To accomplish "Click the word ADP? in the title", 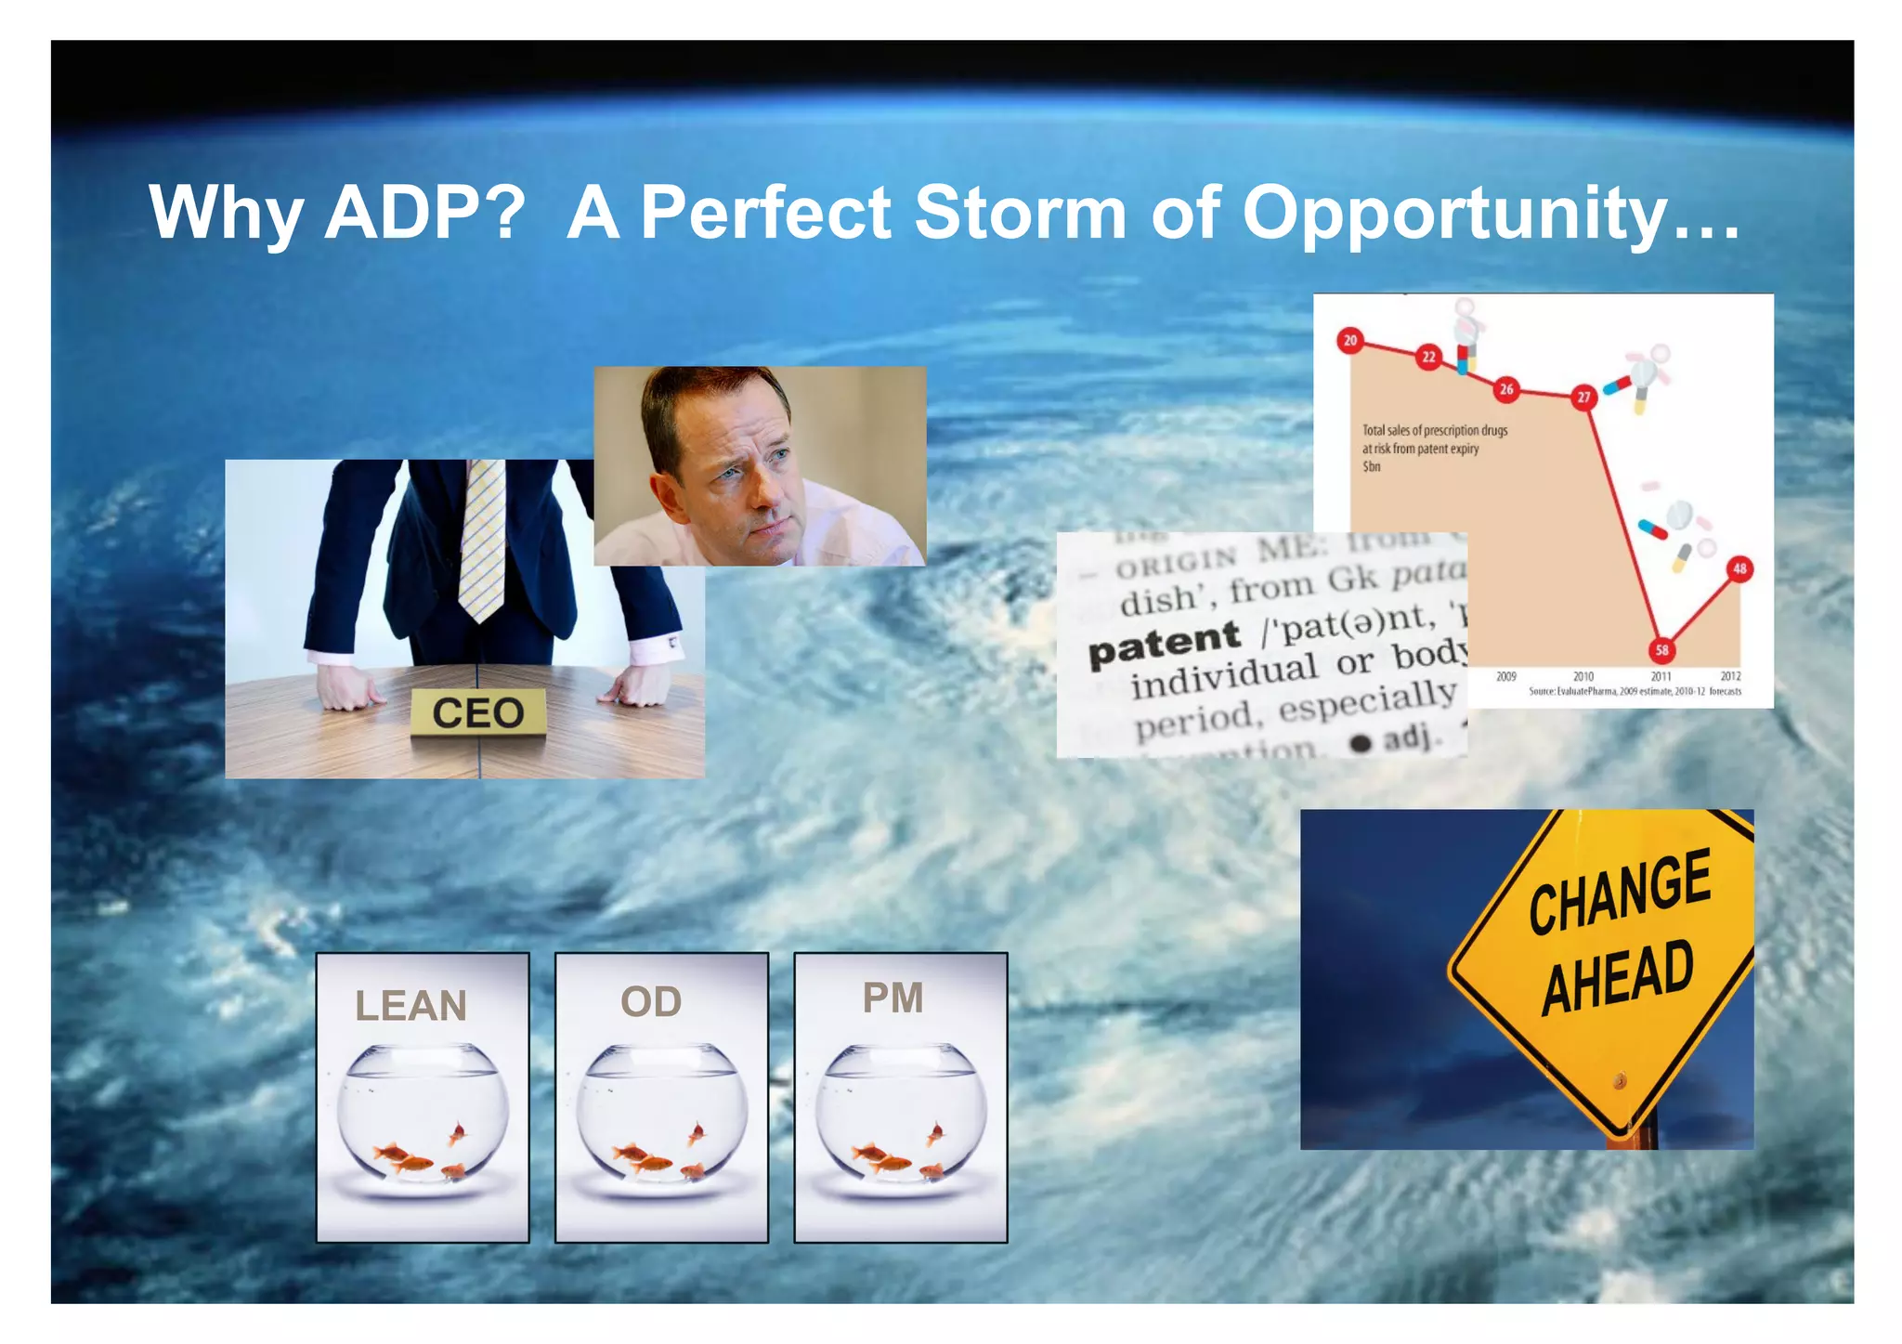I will tap(425, 213).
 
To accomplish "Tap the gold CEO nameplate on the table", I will tap(477, 713).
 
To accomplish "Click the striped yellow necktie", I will tap(483, 539).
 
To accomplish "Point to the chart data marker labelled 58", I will tap(1661, 650).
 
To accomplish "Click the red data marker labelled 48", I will tap(1739, 568).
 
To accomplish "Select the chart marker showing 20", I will tap(1350, 341).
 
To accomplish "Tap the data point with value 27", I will tap(1583, 397).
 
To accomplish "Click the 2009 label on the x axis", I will tap(1505, 676).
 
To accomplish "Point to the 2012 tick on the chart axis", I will tap(1730, 676).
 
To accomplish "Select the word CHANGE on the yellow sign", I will tap(1620, 892).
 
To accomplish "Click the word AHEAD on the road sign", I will tap(1617, 977).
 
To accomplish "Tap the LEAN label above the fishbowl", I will tap(410, 1006).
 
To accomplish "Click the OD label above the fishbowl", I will tap(651, 1001).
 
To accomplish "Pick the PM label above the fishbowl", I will tap(892, 998).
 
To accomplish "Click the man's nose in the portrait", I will tap(763, 492).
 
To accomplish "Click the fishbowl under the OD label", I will tap(661, 1115).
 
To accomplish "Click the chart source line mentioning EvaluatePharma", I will tap(1635, 692).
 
